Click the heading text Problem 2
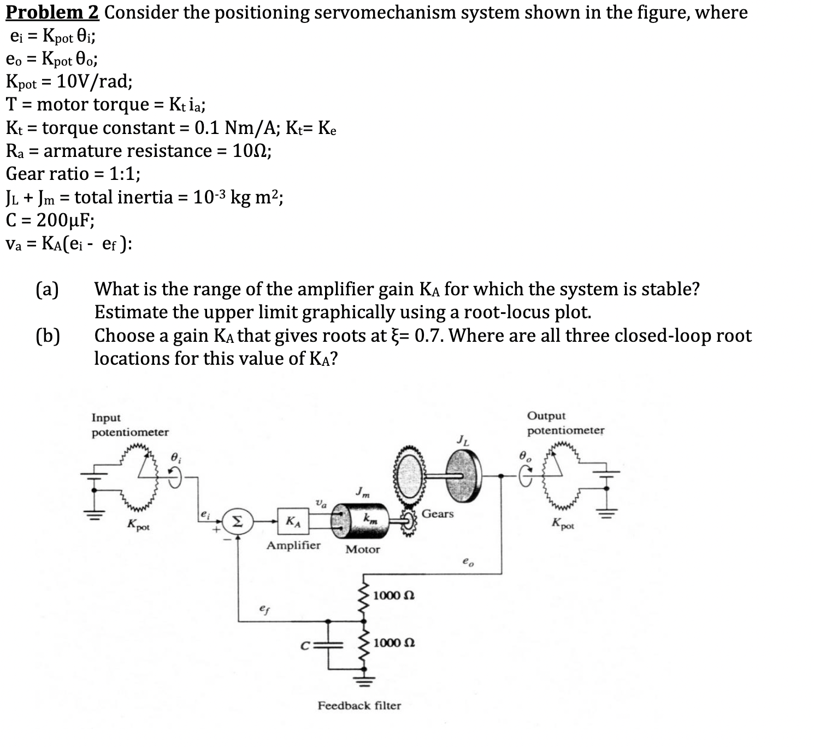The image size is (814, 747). pos(52,12)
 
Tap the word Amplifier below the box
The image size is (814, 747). pos(293,546)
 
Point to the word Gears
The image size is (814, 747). pos(438,514)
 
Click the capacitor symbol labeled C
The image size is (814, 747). pos(327,645)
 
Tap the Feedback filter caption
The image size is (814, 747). pos(359,706)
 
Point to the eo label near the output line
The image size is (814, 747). pos(468,562)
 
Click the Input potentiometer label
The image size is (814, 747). pos(129,425)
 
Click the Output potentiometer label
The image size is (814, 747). pos(565,423)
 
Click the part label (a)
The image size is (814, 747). pos(47,289)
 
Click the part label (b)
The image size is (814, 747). pos(48,335)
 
